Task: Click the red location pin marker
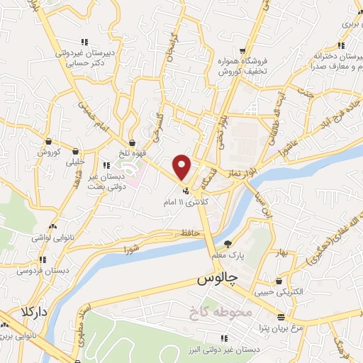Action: pos(182,167)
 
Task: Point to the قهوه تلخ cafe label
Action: pos(132,152)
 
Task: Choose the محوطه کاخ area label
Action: pos(217,312)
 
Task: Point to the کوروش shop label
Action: pos(51,152)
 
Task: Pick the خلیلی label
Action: pos(74,162)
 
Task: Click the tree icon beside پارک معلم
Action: pos(227,243)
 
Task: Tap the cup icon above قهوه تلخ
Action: pos(132,143)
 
